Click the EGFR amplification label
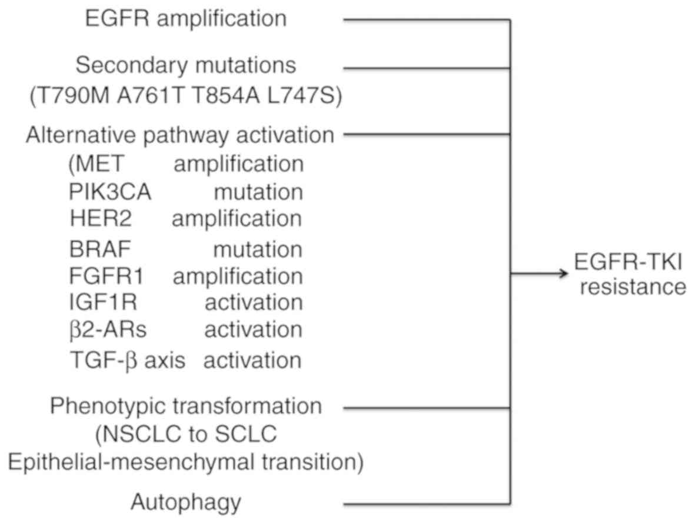pos(186,19)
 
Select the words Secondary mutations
pos(186,65)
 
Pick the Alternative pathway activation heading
pos(180,135)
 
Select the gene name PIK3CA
pos(110,192)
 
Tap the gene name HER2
pos(100,219)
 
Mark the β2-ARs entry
pos(108,331)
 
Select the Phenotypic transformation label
pos(186,406)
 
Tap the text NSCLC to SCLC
pos(186,436)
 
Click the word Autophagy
pos(186,503)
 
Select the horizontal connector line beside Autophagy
pos(426,504)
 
